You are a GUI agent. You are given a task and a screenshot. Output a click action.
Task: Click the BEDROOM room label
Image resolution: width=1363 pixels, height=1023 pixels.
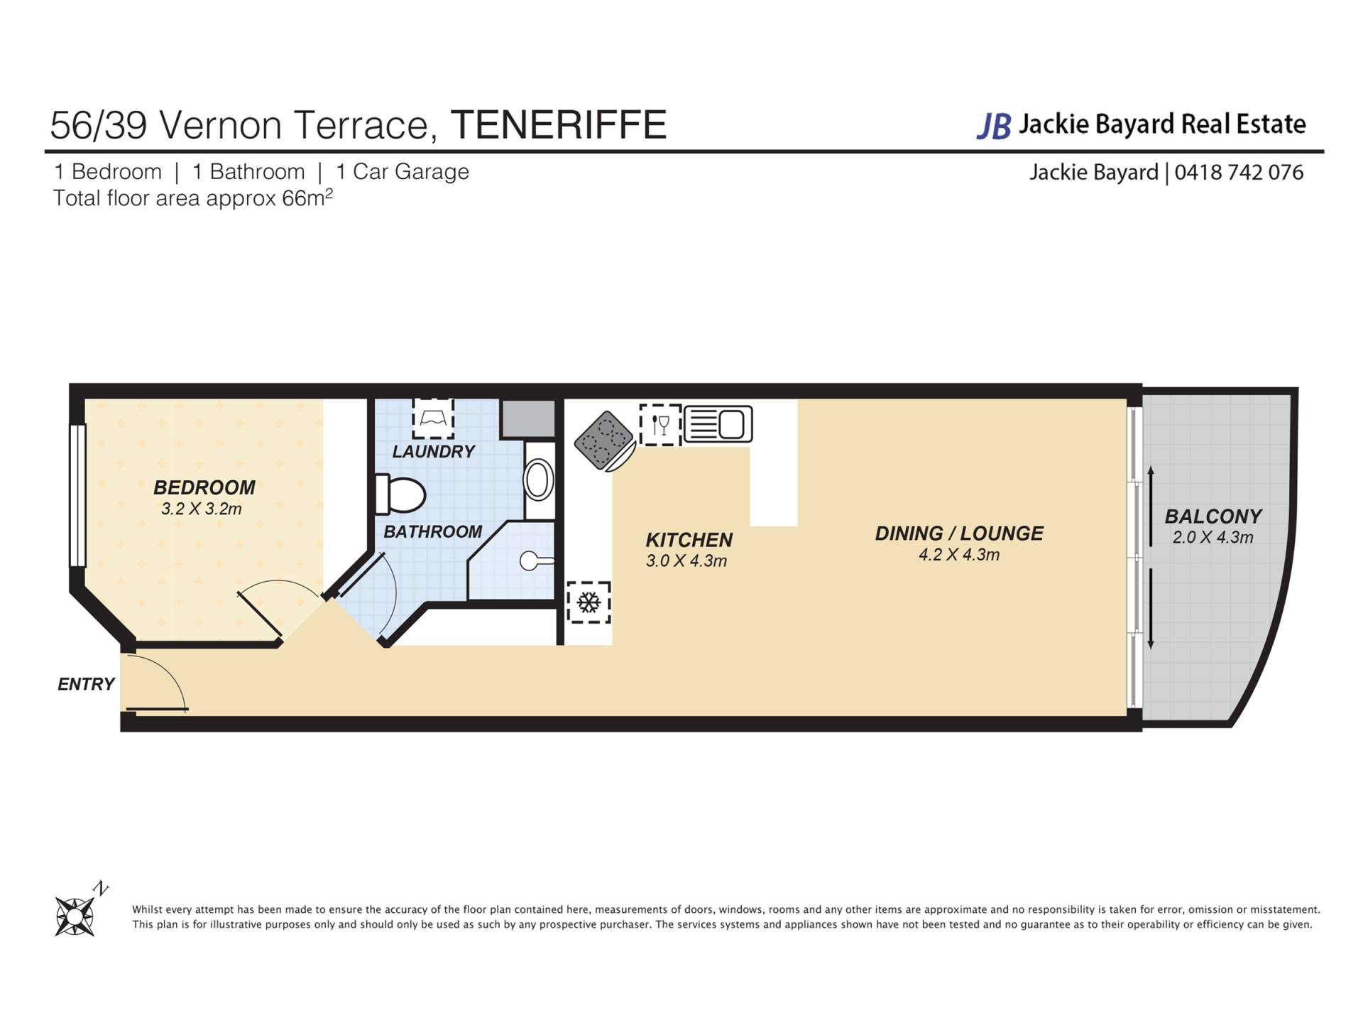point(204,487)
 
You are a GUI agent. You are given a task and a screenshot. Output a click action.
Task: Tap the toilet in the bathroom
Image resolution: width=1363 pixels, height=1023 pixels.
point(400,494)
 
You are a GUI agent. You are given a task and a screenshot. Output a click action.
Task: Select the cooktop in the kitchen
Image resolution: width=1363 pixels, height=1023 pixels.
point(605,440)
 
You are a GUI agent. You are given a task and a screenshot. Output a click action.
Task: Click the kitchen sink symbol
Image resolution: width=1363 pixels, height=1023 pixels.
point(718,424)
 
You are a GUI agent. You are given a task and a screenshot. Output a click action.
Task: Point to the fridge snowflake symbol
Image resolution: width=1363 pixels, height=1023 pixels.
point(588,602)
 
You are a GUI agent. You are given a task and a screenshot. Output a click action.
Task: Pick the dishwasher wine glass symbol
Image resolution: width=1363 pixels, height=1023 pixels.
point(660,425)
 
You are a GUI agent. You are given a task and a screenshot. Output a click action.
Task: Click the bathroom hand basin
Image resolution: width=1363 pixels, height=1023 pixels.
point(539,480)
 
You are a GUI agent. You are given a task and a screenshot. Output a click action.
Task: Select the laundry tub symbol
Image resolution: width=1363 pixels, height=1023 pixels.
point(433,418)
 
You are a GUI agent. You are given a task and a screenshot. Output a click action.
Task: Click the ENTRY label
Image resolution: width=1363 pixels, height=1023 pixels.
point(86,684)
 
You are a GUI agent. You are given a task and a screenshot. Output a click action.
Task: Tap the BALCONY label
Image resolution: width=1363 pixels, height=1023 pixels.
point(1213,516)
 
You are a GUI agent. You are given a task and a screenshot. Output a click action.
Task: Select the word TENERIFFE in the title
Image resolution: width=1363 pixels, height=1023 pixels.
point(559,125)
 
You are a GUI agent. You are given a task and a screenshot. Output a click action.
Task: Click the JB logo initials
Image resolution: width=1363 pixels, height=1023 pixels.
point(994,126)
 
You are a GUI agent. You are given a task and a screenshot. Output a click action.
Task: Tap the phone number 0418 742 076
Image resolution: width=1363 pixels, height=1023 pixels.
point(1239,173)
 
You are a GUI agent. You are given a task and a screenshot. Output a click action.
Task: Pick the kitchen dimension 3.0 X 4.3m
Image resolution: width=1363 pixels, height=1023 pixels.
point(686,561)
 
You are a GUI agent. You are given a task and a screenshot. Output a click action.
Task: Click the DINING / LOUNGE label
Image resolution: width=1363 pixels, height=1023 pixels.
point(959,534)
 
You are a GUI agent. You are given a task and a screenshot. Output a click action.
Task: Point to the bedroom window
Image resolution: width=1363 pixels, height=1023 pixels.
point(77,495)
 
